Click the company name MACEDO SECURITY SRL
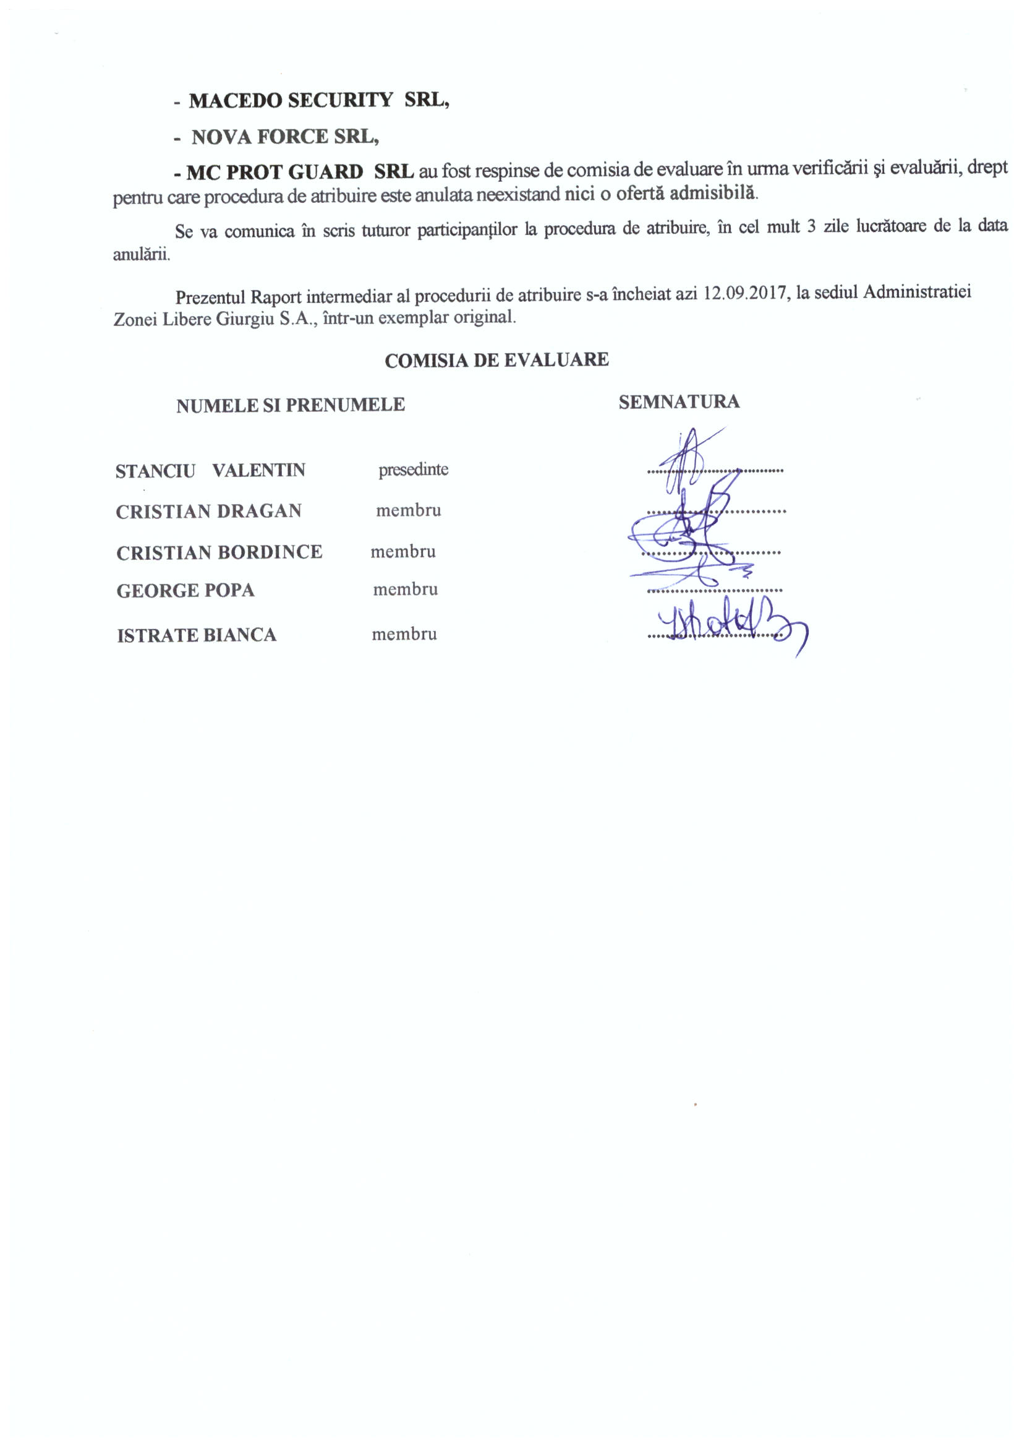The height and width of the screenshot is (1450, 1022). point(318,100)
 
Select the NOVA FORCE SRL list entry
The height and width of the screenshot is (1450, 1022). point(284,137)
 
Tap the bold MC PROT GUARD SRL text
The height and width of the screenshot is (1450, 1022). point(300,172)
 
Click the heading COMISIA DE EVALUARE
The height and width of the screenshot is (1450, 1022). point(496,361)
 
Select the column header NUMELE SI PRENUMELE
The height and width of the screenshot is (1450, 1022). point(291,405)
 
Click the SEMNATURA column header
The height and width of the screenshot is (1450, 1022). point(679,402)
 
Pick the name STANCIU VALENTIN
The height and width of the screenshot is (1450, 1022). point(210,471)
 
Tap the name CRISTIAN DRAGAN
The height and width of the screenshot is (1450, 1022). point(208,512)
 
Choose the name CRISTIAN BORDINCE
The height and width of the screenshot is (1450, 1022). point(219,552)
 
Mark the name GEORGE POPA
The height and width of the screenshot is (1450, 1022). point(185,591)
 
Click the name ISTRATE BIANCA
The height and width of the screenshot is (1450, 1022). point(197,635)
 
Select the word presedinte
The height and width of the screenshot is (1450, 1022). point(413,470)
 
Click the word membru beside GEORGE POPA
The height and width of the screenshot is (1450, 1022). point(405,590)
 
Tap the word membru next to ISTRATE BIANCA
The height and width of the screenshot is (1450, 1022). point(404,635)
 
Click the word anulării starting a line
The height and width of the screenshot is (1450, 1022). point(141,255)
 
